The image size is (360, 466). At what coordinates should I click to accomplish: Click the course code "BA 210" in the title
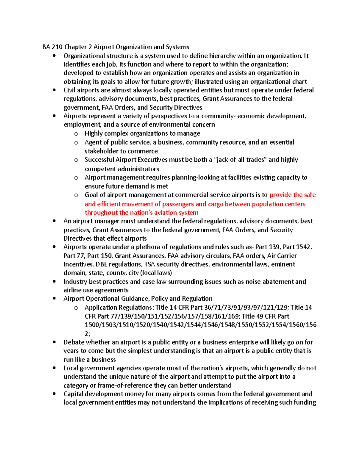(52, 47)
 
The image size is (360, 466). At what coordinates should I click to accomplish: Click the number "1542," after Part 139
(304, 247)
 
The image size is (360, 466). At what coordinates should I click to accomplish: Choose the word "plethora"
(148, 247)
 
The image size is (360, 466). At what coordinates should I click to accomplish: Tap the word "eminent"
(283, 264)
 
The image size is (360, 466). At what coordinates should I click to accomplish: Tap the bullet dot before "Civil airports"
(54, 90)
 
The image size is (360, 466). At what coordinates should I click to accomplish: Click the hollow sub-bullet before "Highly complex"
(76, 134)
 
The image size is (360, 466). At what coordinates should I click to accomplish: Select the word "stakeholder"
(101, 151)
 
